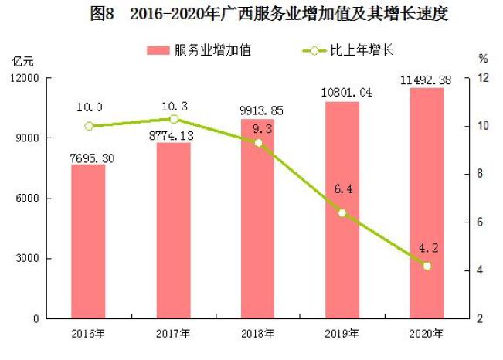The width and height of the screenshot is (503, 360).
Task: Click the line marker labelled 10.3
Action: coord(174,119)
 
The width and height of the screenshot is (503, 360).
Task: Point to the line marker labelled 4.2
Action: coord(427,266)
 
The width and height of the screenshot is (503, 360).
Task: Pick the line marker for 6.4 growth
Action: coord(342,212)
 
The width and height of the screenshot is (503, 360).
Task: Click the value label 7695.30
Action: coord(88,158)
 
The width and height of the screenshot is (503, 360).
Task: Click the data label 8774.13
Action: coord(172,136)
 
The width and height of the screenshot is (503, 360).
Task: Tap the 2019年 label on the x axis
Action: coord(342,334)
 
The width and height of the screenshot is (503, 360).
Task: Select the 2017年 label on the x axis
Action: coord(173,334)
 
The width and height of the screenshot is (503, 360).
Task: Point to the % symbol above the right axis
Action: coord(483,58)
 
